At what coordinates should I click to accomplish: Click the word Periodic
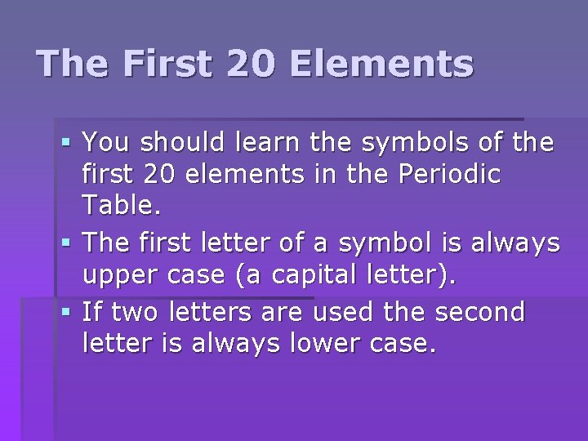coord(450,175)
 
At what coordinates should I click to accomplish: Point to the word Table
coord(122,205)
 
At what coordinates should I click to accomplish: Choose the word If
coord(93,311)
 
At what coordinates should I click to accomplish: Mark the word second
coord(480,311)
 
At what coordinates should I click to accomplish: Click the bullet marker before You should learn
coord(67,144)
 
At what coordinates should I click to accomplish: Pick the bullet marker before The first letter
coord(67,243)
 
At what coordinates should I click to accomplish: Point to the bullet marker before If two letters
coord(67,312)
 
